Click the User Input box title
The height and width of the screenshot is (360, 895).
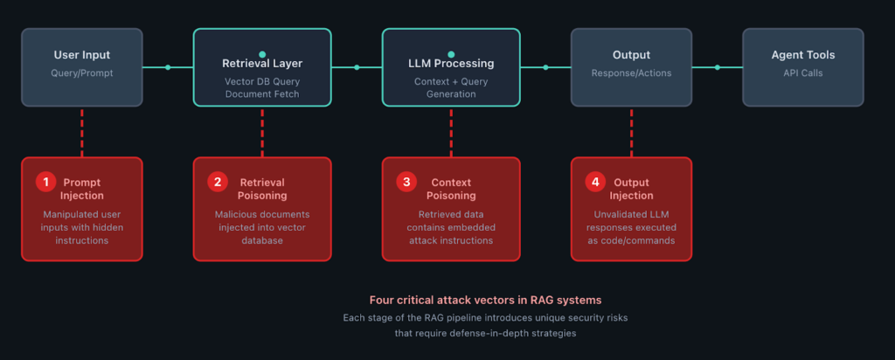[x=81, y=55]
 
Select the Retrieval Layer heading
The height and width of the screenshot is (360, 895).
[x=262, y=64]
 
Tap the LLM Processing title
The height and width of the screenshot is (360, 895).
[x=451, y=64]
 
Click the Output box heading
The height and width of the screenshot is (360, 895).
[x=631, y=55]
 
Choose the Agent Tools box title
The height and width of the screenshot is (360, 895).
[x=802, y=55]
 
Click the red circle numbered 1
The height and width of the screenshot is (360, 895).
[x=45, y=182]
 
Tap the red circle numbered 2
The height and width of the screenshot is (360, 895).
[x=217, y=182]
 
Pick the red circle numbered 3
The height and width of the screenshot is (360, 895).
[x=406, y=182]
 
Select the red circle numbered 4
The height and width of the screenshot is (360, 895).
[x=594, y=182]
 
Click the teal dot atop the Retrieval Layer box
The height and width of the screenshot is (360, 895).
[x=262, y=54]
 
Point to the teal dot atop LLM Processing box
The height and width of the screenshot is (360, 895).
[x=451, y=54]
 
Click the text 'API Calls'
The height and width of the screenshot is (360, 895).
[x=802, y=73]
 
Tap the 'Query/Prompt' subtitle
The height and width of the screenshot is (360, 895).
[x=81, y=73]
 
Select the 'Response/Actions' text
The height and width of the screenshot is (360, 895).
[x=631, y=73]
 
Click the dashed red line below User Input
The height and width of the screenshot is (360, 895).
[x=82, y=131]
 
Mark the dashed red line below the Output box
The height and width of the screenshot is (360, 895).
[x=631, y=131]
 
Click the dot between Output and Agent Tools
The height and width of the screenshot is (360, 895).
[x=717, y=67]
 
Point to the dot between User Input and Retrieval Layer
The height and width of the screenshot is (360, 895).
[x=168, y=67]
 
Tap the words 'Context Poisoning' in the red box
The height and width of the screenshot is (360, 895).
[x=451, y=189]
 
